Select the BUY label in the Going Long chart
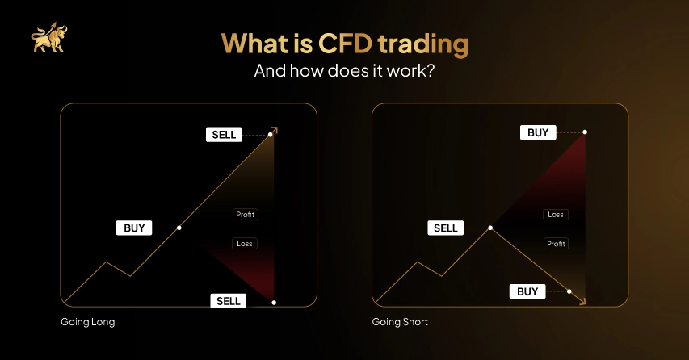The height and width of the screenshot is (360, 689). [x=134, y=228]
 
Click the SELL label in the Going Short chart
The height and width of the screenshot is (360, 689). [x=446, y=228]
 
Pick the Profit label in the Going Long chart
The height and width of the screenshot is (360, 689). [x=245, y=215]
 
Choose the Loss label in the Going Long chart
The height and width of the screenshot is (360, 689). [x=245, y=243]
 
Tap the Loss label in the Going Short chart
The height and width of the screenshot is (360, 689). [x=556, y=215]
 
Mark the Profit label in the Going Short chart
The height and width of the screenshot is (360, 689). [x=556, y=243]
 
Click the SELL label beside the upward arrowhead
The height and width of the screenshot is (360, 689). [x=225, y=135]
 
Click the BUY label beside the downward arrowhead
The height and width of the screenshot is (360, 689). [x=527, y=291]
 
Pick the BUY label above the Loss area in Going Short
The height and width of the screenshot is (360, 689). [x=538, y=132]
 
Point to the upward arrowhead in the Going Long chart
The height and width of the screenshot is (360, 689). [x=275, y=129]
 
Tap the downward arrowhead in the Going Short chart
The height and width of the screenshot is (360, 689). [x=583, y=301]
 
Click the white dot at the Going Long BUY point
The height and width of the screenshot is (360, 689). [x=179, y=228]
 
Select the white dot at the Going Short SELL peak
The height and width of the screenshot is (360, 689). [x=489, y=228]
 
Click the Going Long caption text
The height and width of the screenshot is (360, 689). [x=88, y=322]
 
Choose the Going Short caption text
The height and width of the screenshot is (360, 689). [x=400, y=322]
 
